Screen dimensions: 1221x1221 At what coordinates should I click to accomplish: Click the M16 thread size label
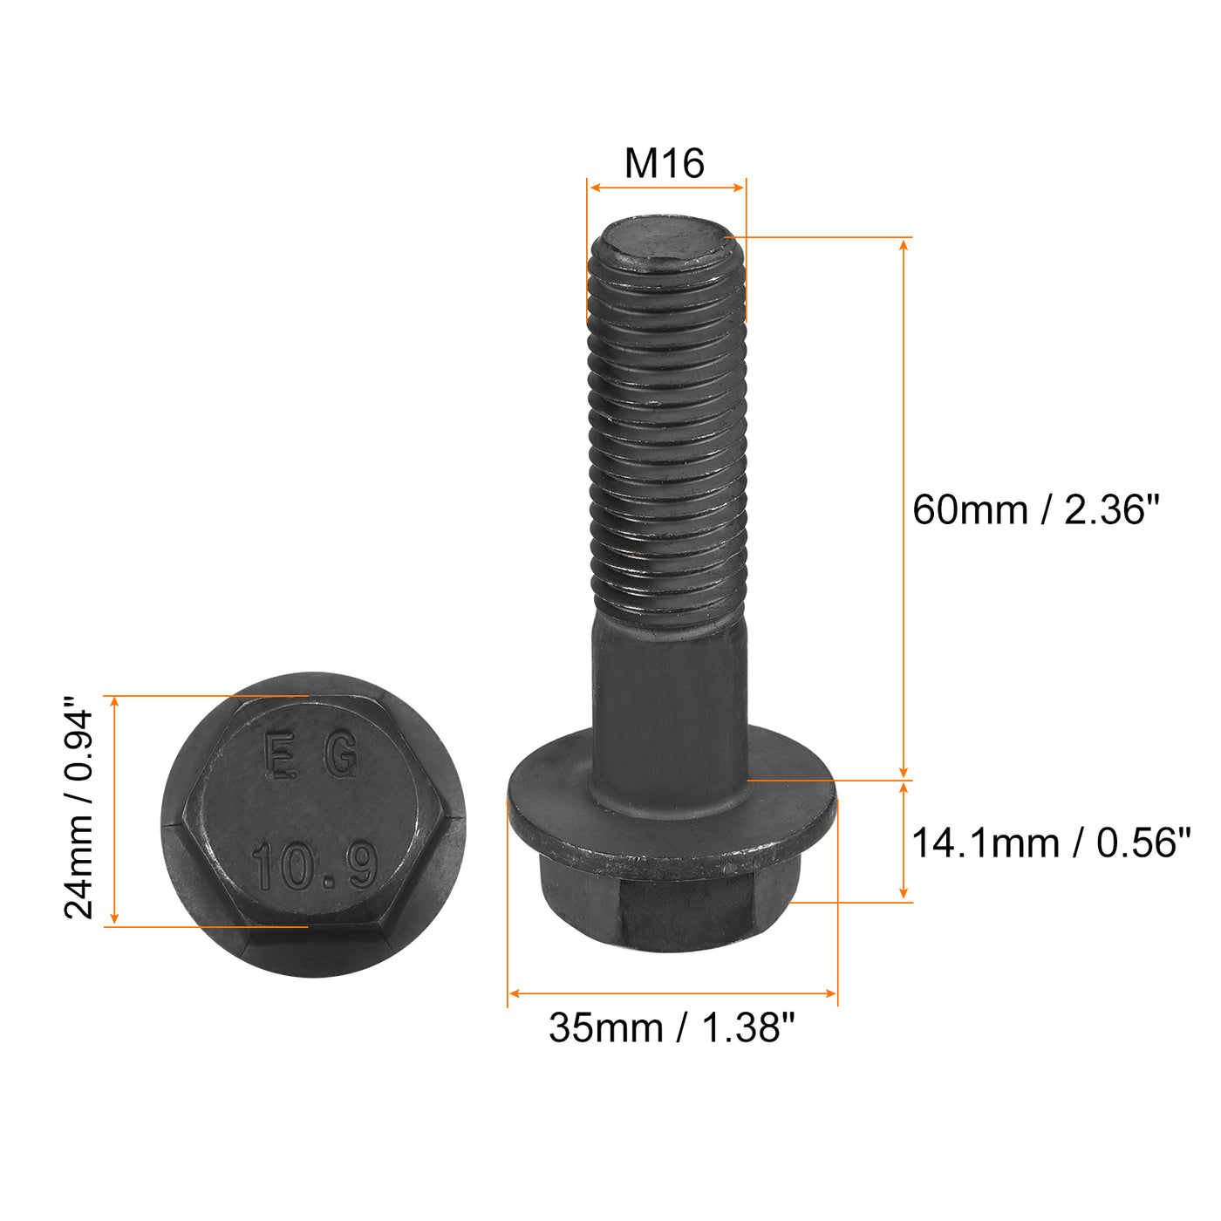(x=665, y=163)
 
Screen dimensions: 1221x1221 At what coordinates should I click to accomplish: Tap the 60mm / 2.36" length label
(x=1037, y=509)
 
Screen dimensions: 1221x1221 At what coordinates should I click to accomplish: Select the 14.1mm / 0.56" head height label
(x=1050, y=843)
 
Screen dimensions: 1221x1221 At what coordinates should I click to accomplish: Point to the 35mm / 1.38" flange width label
(x=672, y=1028)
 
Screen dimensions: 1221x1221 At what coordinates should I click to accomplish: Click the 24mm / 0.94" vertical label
(x=79, y=808)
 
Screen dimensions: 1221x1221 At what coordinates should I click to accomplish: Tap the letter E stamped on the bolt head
(x=279, y=755)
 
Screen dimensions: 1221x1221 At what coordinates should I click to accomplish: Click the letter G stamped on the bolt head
(x=341, y=755)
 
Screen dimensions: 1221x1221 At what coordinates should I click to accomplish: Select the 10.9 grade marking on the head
(x=315, y=866)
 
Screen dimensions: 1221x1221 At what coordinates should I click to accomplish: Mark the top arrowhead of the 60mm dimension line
(x=904, y=243)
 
